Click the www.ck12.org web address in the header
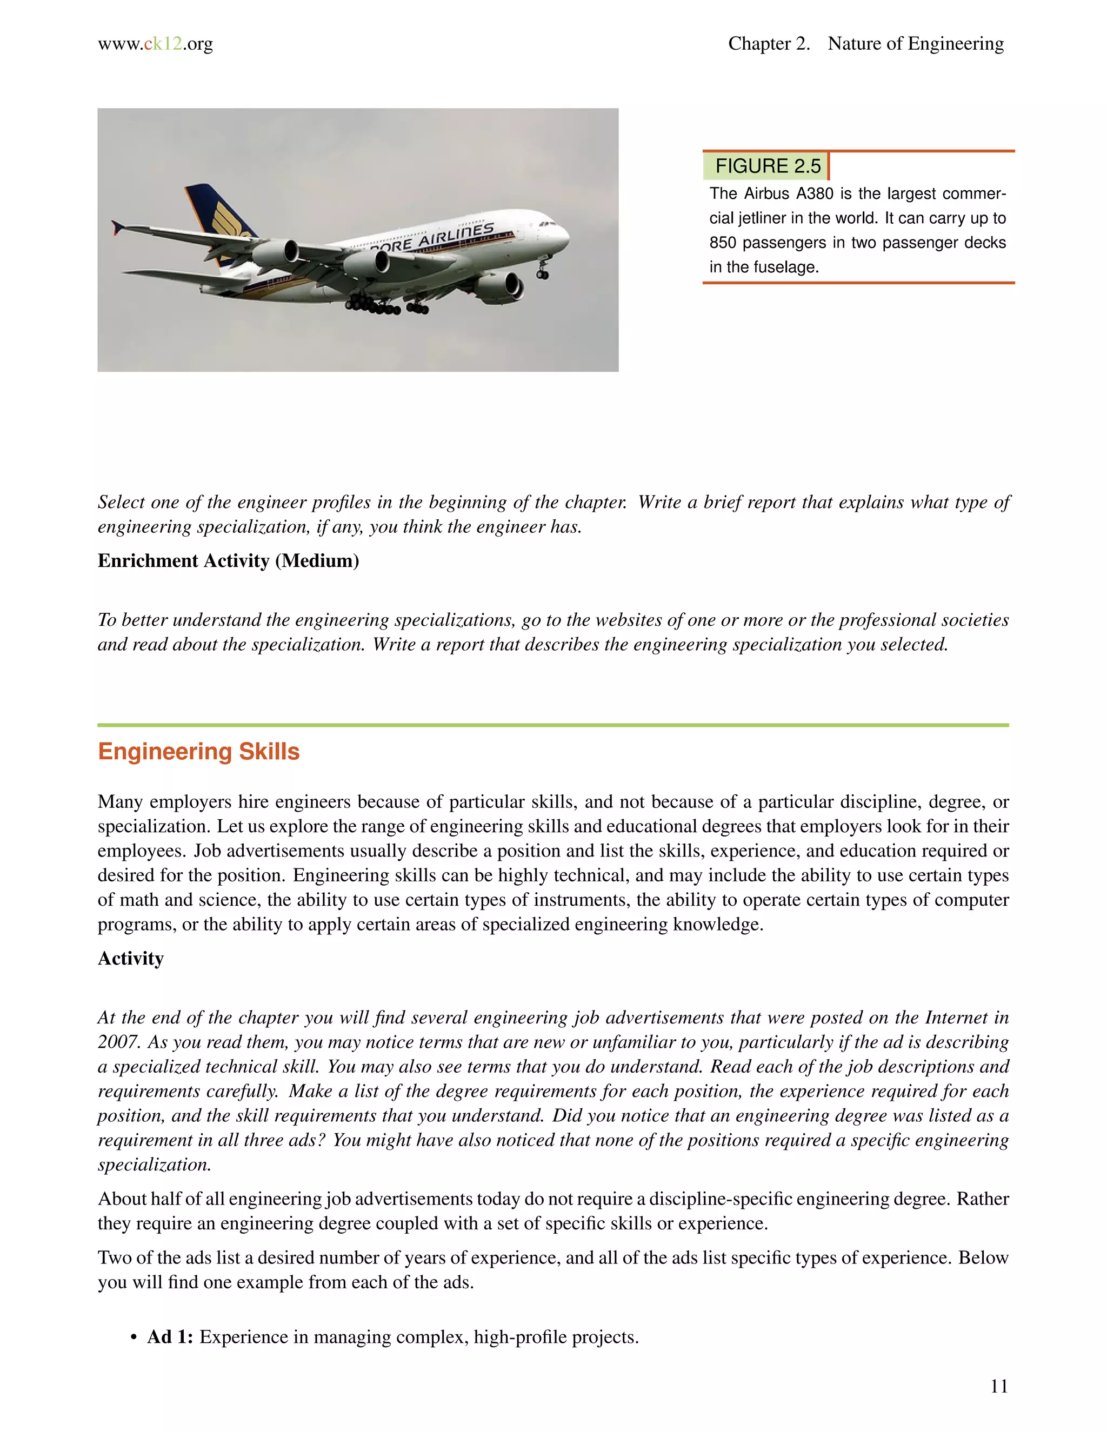coord(156,44)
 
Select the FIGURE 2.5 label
coord(768,166)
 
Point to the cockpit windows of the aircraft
coord(548,224)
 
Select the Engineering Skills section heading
coord(199,752)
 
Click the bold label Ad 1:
coord(170,1337)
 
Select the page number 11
coord(998,1386)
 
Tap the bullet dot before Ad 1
coord(134,1337)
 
